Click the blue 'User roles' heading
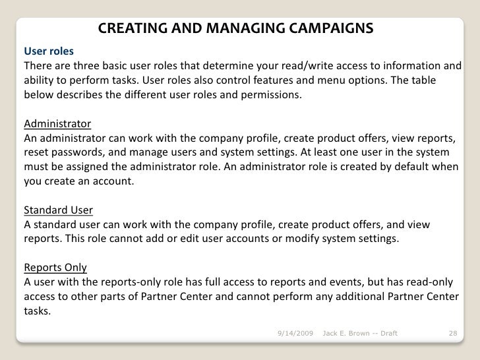49,51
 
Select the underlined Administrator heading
57,124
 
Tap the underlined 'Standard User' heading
58,210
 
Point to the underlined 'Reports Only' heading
55,268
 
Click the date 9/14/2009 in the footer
295,334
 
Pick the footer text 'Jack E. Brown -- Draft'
359,334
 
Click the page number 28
452,334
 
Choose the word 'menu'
350,80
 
